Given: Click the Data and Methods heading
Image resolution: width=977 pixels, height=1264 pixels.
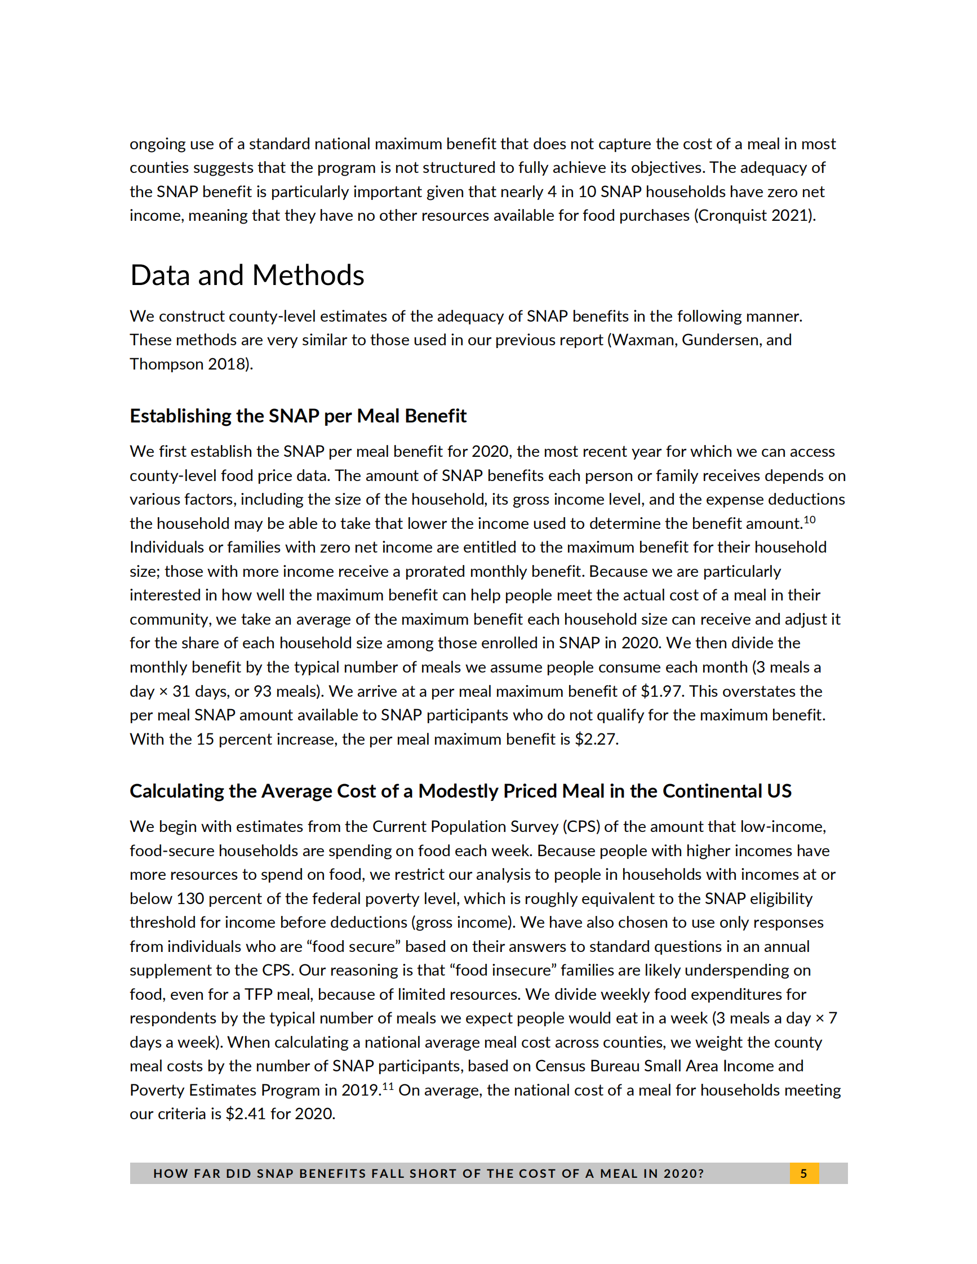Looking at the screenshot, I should tap(247, 275).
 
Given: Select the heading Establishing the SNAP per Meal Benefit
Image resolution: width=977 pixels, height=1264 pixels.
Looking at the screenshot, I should tap(297, 416).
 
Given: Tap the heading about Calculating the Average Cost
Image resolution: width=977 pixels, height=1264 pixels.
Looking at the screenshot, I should tap(460, 791).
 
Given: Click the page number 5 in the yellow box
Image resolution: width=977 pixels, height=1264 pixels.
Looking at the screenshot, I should tap(803, 1173).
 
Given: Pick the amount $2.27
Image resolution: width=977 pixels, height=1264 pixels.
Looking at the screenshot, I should tap(596, 739).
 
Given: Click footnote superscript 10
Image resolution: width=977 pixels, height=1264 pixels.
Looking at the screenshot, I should tap(809, 520).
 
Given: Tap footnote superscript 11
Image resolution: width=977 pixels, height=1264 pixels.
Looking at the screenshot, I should tap(387, 1087).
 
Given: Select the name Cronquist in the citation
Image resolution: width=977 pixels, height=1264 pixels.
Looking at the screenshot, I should tap(732, 215).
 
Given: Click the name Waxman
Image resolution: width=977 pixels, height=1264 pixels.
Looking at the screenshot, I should tap(643, 340).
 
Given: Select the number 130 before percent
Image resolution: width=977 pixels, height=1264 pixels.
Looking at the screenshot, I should tap(190, 898).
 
